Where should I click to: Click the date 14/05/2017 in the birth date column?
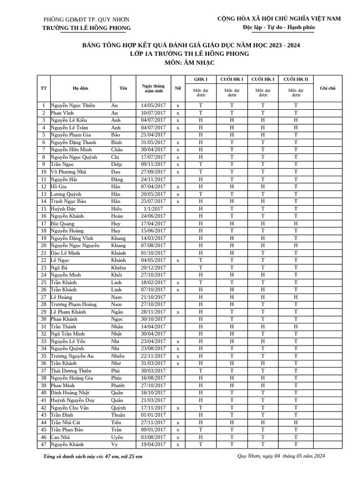click(x=153, y=105)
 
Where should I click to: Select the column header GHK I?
click(x=200, y=79)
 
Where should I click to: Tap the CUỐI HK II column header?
click(x=295, y=79)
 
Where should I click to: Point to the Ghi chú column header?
click(x=327, y=88)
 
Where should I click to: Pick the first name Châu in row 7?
click(x=116, y=150)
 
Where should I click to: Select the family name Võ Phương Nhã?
click(x=69, y=172)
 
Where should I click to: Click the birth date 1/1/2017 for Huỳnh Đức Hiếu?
click(x=153, y=209)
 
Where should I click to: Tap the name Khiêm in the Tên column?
click(x=119, y=268)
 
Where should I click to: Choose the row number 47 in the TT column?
click(x=44, y=444)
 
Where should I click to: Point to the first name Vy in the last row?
click(x=114, y=444)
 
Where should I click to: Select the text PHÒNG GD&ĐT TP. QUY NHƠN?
click(x=86, y=20)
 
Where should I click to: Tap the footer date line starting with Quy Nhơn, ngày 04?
click(x=281, y=456)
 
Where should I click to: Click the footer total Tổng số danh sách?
click(x=92, y=456)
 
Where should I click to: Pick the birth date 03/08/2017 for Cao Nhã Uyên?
click(x=153, y=437)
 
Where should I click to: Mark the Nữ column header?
click(x=178, y=88)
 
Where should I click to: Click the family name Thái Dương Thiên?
click(x=71, y=371)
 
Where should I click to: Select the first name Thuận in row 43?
click(x=118, y=415)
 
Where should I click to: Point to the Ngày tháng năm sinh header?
click(x=153, y=88)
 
